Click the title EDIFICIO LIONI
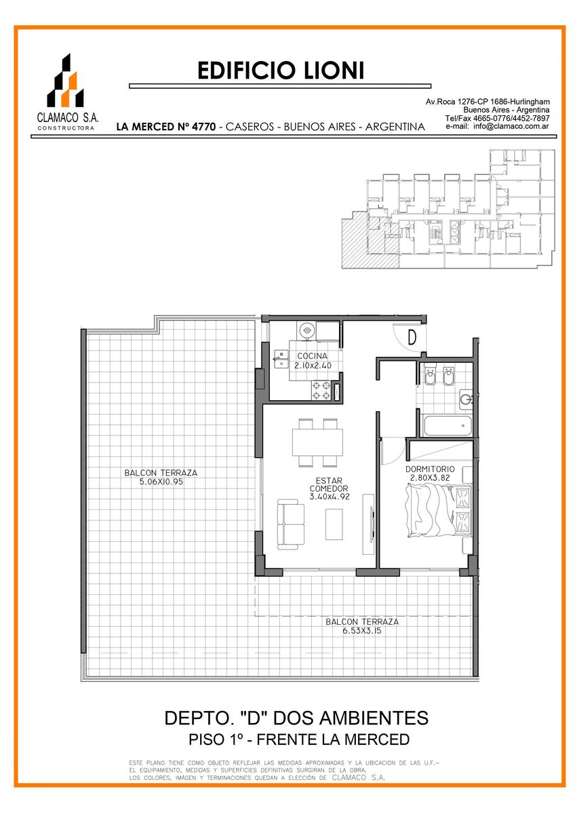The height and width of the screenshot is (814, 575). (x=281, y=71)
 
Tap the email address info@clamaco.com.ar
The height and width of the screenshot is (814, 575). (x=511, y=126)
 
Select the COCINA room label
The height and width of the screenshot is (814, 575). (x=312, y=356)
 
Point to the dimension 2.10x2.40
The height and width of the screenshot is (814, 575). (x=313, y=366)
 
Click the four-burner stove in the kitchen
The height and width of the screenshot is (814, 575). (x=321, y=391)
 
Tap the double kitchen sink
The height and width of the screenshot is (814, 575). (x=281, y=359)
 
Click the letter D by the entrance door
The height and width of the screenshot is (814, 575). (x=412, y=337)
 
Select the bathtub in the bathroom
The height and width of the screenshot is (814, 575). (x=448, y=425)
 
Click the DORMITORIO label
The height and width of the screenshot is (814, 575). (x=430, y=469)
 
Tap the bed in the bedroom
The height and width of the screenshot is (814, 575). (x=439, y=510)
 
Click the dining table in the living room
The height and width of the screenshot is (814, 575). (x=317, y=442)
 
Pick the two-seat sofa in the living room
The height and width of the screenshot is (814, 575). (x=291, y=524)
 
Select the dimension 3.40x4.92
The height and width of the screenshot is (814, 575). (x=329, y=497)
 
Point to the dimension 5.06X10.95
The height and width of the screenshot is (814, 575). (x=161, y=482)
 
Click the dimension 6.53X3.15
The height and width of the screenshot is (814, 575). (x=362, y=631)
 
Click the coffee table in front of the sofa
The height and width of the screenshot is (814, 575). (x=334, y=524)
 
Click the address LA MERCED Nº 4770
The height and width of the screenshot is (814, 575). (x=166, y=127)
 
